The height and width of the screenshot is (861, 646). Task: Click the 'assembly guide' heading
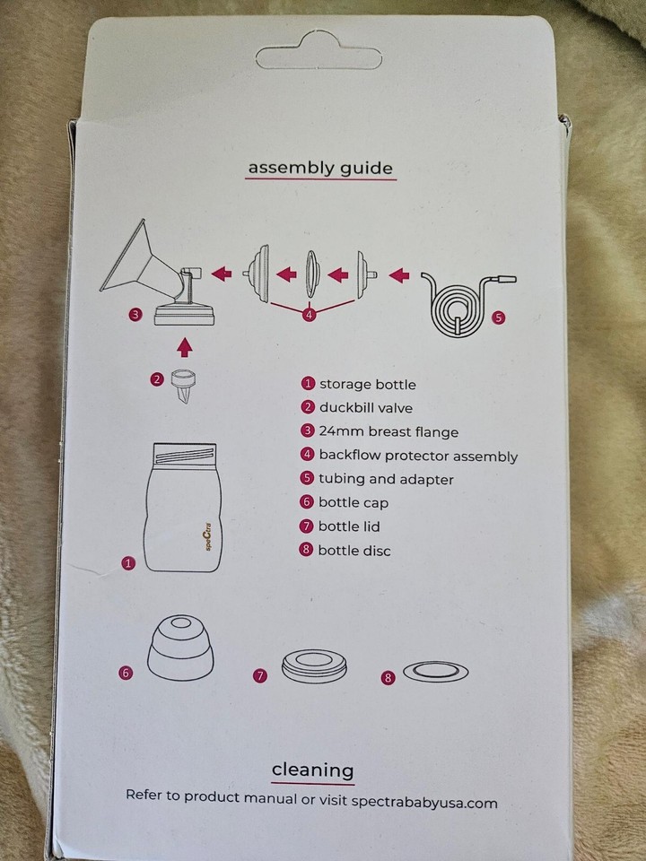click(320, 167)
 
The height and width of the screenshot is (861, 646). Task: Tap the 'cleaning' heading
click(312, 770)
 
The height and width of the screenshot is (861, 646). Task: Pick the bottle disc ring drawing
click(435, 670)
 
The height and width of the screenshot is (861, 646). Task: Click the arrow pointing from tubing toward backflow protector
click(402, 270)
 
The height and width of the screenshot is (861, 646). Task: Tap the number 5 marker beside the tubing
click(500, 317)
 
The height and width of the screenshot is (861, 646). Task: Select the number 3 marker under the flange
click(135, 315)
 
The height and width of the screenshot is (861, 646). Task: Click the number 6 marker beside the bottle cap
click(126, 671)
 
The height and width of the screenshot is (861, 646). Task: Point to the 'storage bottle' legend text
click(367, 385)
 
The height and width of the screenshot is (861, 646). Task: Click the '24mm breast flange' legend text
click(388, 432)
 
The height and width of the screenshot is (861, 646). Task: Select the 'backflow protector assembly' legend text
click(418, 456)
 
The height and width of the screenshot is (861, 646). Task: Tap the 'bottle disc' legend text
click(354, 550)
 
